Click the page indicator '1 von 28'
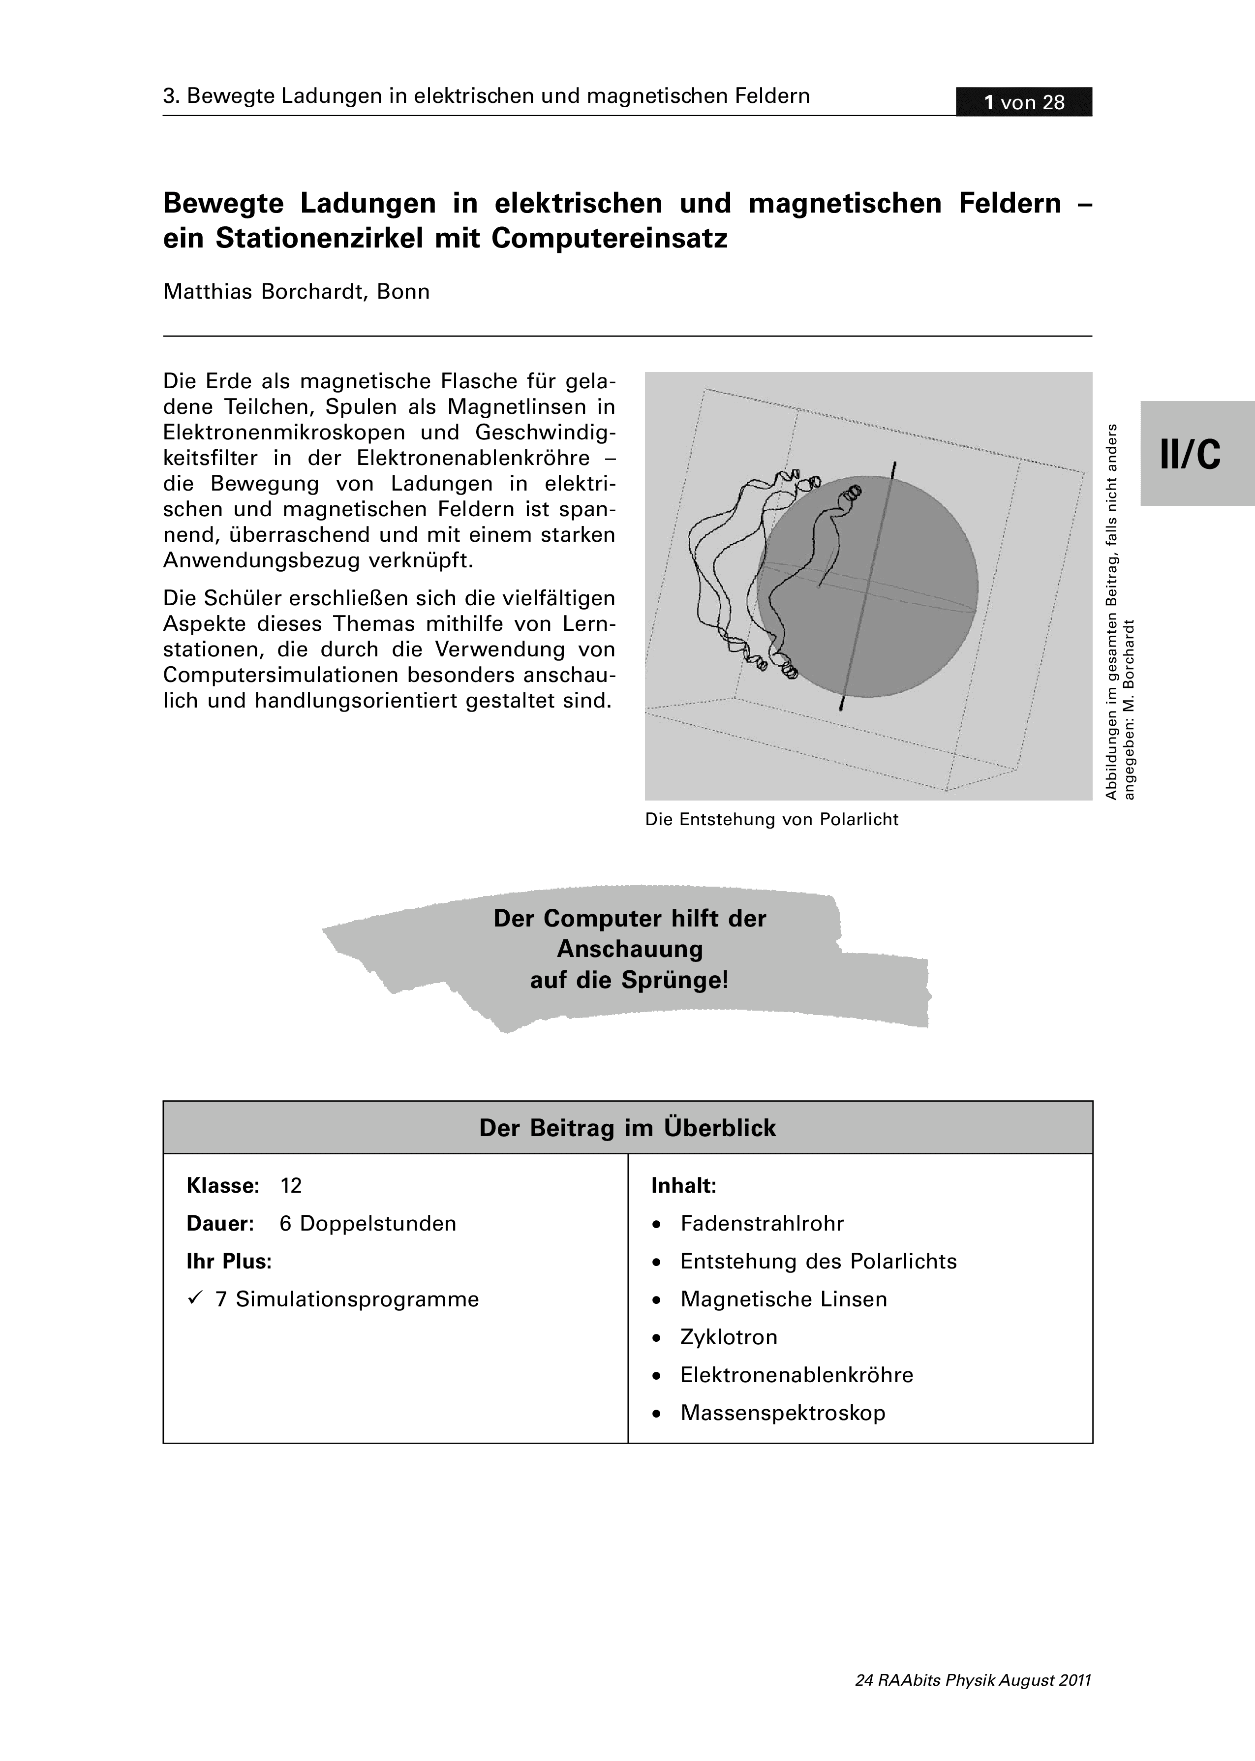click(x=1023, y=102)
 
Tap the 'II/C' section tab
click(x=1190, y=454)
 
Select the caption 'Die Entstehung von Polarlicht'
click(x=771, y=819)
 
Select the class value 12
click(x=291, y=1185)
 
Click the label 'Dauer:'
click(x=220, y=1223)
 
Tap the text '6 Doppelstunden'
click(x=368, y=1223)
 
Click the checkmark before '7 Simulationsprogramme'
click(x=195, y=1299)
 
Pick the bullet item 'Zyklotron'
click(x=728, y=1337)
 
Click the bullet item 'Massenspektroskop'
click(x=782, y=1413)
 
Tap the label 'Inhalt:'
click(x=684, y=1185)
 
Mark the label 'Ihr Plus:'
click(x=229, y=1261)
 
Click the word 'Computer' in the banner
click(x=602, y=918)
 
